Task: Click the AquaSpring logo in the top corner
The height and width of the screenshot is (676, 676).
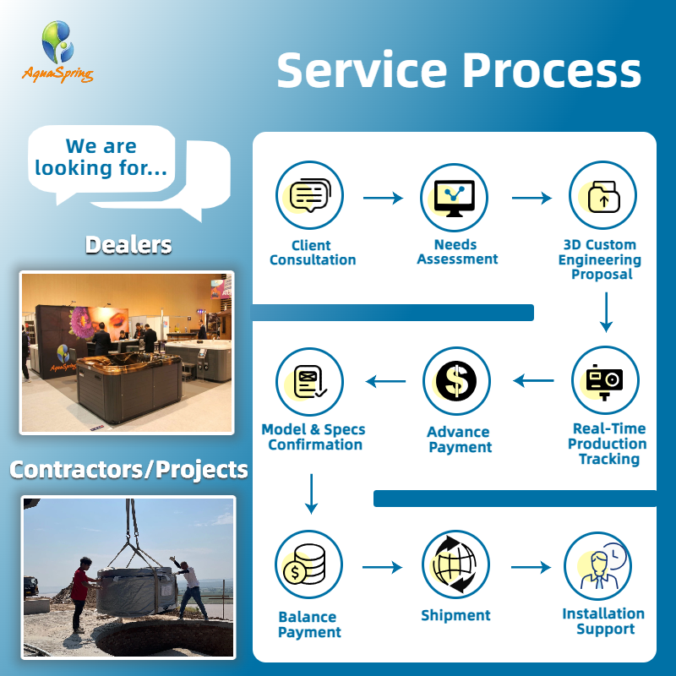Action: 57,51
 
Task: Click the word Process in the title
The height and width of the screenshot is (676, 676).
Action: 553,70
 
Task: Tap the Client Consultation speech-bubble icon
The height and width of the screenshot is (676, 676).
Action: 309,195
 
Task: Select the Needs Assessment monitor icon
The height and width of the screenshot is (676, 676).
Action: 454,198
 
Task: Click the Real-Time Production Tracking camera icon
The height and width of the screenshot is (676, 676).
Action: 605,380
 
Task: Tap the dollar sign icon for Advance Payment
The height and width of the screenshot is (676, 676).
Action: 456,381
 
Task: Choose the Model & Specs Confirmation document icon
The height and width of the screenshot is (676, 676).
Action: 309,382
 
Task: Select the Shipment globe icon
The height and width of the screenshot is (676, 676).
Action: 455,564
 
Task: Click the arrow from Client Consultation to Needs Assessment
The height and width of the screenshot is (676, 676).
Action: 383,198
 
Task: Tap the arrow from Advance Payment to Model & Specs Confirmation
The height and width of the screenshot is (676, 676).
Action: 385,381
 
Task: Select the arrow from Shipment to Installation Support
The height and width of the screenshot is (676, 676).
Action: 531,567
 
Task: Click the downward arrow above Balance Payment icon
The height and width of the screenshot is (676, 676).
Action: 311,494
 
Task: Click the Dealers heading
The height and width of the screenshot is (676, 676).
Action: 128,245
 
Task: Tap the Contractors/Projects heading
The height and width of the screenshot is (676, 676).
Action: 128,470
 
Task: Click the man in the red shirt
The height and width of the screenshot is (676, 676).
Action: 81,594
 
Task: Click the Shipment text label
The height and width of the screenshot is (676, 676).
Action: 455,615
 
